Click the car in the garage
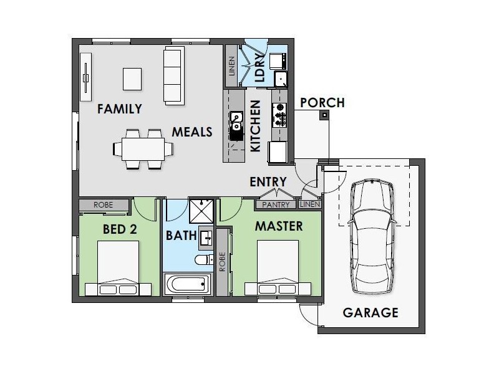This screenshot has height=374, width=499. click(x=372, y=237)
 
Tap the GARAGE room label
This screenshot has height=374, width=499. click(x=371, y=313)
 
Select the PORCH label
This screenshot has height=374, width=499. click(x=322, y=103)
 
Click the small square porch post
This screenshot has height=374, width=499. click(x=324, y=115)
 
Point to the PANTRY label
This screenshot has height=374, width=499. click(x=276, y=205)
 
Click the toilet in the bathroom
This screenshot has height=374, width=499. click(x=204, y=259)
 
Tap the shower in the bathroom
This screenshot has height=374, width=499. click(x=201, y=211)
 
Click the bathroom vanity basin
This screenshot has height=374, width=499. click(x=206, y=238)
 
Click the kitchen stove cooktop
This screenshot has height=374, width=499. click(x=279, y=115)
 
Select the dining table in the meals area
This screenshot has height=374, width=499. click(x=143, y=149)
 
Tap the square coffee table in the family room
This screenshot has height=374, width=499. click(x=132, y=79)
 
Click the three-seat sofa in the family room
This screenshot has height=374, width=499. click(x=174, y=75)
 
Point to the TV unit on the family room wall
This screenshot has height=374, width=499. click(x=85, y=77)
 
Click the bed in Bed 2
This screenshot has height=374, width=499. click(x=118, y=268)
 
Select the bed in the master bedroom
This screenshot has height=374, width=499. click(x=278, y=268)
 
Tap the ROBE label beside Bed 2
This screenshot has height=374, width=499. click(x=103, y=205)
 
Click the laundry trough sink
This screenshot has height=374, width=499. click(x=281, y=79)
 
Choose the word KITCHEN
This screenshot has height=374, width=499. click(x=256, y=126)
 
